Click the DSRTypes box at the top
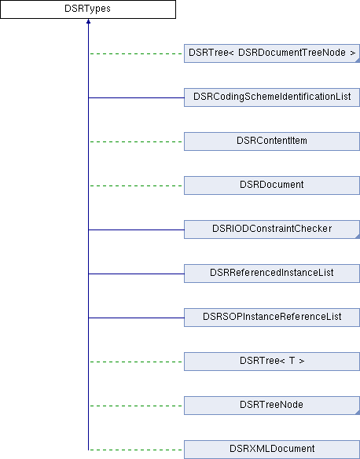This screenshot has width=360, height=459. (x=88, y=9)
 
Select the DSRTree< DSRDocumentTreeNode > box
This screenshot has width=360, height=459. (x=272, y=53)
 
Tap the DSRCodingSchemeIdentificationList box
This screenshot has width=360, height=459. (x=272, y=97)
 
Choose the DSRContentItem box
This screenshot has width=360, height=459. (x=272, y=141)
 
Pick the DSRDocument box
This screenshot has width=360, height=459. (x=272, y=185)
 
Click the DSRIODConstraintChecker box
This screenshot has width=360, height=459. (x=272, y=229)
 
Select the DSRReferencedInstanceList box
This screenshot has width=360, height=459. (x=272, y=274)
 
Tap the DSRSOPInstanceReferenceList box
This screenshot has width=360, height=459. (x=272, y=318)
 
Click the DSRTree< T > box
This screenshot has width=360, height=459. (x=272, y=362)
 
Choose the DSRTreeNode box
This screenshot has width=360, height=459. (x=272, y=406)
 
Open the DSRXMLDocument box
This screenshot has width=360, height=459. (x=272, y=450)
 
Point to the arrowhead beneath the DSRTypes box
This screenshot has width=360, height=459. (x=88, y=21)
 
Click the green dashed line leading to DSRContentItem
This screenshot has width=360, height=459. (x=136, y=141)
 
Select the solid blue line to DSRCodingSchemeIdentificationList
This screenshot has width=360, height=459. (x=136, y=97)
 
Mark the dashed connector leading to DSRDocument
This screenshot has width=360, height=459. (x=136, y=185)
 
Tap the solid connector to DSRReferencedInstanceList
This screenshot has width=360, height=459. (x=136, y=274)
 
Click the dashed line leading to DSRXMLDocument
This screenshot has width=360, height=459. (x=136, y=450)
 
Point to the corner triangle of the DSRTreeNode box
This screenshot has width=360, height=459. (x=358, y=413)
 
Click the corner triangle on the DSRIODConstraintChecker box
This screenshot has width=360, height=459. (x=358, y=237)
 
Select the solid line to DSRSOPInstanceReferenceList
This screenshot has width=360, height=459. (x=136, y=318)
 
